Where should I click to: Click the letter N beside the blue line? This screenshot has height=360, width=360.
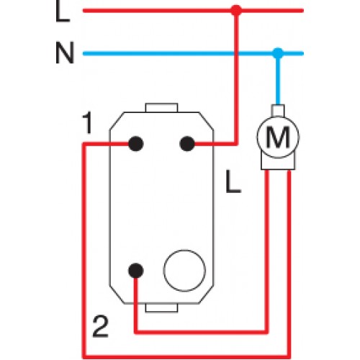[65, 53]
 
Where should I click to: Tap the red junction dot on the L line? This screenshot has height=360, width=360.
[236, 11]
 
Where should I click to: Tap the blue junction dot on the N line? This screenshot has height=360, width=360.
[278, 53]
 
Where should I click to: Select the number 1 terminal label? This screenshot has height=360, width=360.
[88, 122]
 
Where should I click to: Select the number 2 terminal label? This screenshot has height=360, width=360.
[100, 327]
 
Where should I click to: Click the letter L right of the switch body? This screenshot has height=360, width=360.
[233, 181]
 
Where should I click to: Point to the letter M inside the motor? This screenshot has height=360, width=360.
[278, 137]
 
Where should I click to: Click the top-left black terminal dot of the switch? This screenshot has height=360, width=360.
[136, 144]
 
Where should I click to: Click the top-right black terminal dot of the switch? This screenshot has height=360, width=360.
[187, 144]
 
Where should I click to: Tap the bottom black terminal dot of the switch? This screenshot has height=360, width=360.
[136, 271]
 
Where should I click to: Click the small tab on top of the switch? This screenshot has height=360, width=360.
[161, 108]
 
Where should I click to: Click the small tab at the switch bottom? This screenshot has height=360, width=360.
[161, 308]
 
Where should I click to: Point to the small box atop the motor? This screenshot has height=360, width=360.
[278, 111]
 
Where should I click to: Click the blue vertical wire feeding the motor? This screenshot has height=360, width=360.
[278, 79]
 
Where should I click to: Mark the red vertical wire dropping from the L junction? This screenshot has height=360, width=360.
[236, 77]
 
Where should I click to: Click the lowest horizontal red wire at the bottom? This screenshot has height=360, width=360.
[186, 356]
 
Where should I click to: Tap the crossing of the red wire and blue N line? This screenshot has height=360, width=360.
[236, 53]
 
